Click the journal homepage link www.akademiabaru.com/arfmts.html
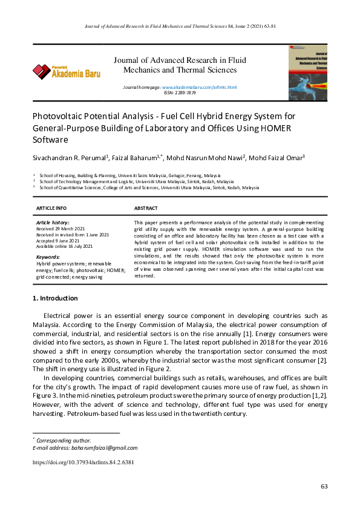199,88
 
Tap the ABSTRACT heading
146,208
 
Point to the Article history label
53,223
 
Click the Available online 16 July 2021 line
65,246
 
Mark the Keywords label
48,257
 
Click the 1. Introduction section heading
54,298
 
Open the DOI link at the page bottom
83,462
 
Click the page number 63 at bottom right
324,487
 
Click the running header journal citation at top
180,27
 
